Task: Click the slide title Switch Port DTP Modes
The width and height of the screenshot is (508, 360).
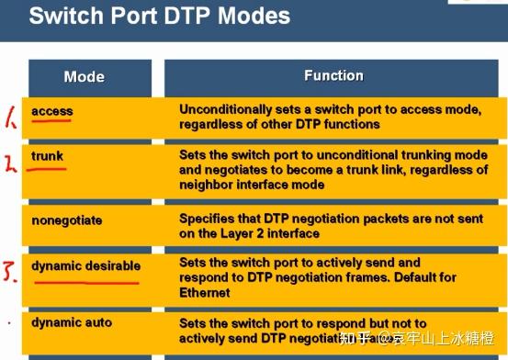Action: coord(160,16)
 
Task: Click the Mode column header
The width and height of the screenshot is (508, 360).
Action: coord(84,77)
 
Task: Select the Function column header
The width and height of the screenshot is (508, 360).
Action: coord(333,75)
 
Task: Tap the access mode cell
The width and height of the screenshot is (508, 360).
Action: coord(51,111)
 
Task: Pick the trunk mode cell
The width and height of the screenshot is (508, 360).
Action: coord(48,156)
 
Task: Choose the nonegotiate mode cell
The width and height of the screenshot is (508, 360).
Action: coord(67,220)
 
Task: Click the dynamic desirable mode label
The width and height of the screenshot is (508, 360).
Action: coord(85,265)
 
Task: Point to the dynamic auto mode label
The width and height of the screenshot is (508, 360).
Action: coord(73,322)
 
